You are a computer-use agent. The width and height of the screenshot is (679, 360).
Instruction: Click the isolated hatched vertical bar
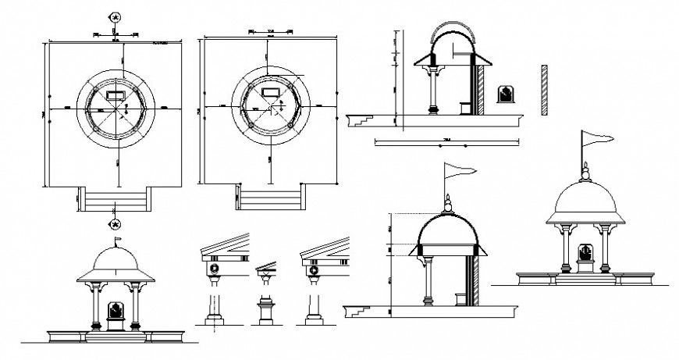(542, 91)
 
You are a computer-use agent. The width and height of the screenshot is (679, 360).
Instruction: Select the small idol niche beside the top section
(506, 94)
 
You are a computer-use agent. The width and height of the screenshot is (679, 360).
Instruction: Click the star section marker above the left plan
(116, 17)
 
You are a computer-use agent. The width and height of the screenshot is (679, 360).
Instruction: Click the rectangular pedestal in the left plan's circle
(116, 94)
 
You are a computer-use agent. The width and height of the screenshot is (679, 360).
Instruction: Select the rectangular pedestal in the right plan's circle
(272, 92)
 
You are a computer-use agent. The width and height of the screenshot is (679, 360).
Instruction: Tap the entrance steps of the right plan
(271, 198)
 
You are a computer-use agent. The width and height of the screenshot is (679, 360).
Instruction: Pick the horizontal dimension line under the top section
(447, 142)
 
